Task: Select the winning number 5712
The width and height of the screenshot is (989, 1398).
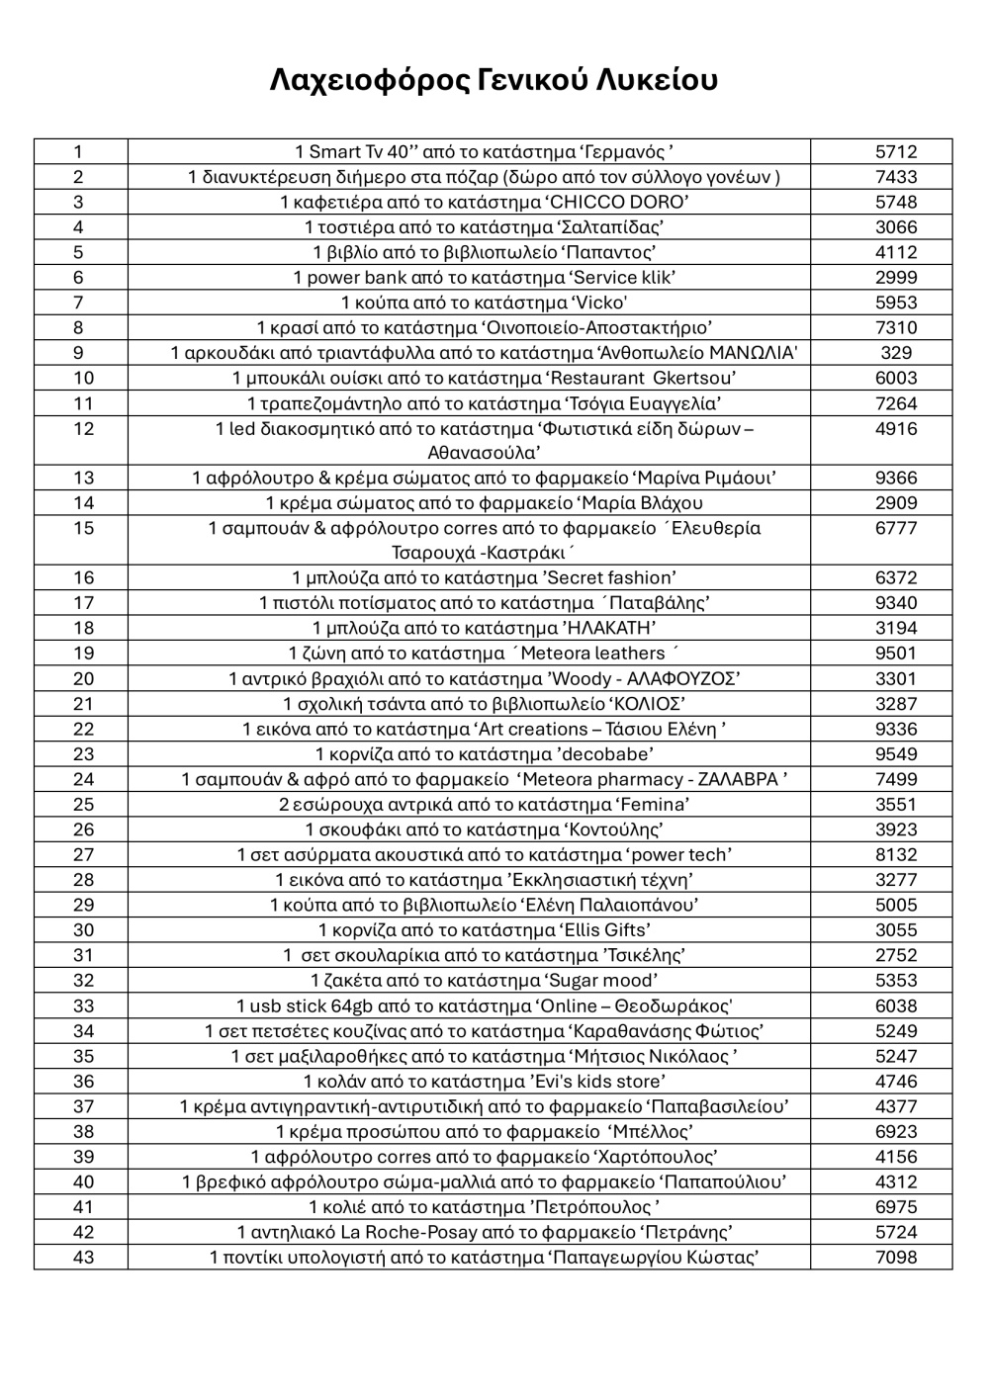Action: point(896,152)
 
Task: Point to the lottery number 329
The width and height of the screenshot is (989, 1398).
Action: point(896,353)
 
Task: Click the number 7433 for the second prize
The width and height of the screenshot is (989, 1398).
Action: point(896,177)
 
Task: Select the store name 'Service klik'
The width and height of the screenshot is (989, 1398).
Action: point(617,278)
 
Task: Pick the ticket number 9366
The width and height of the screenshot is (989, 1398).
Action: point(896,479)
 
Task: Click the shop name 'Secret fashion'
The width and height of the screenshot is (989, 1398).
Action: point(606,578)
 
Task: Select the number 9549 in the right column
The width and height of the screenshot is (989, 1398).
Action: point(896,754)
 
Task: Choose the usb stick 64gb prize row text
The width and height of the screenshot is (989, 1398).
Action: point(484,1005)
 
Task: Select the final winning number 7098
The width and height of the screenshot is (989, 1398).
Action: point(896,1258)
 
